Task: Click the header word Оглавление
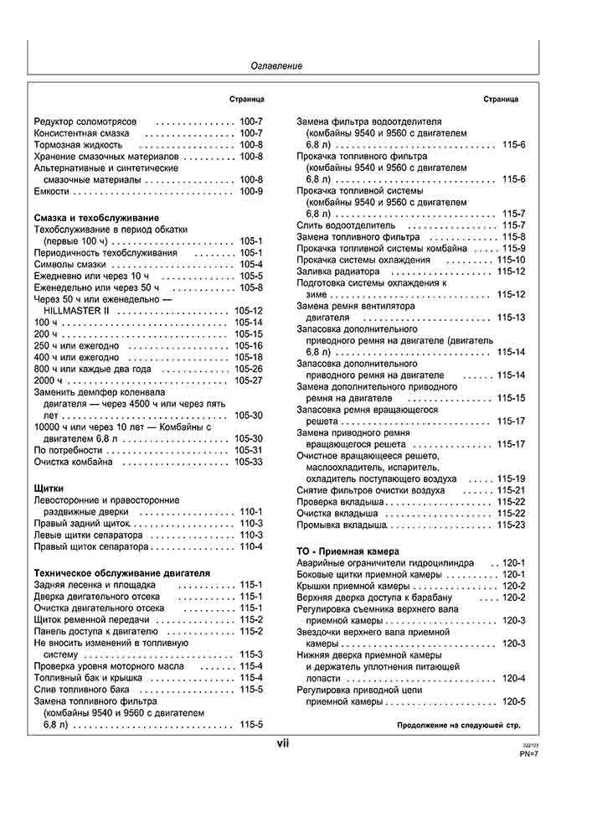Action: click(277, 65)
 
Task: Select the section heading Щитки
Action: click(49, 488)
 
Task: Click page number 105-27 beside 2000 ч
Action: click(249, 380)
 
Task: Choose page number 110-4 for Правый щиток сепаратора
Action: click(251, 546)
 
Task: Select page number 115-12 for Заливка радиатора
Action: click(511, 272)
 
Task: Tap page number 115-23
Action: click(511, 525)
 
